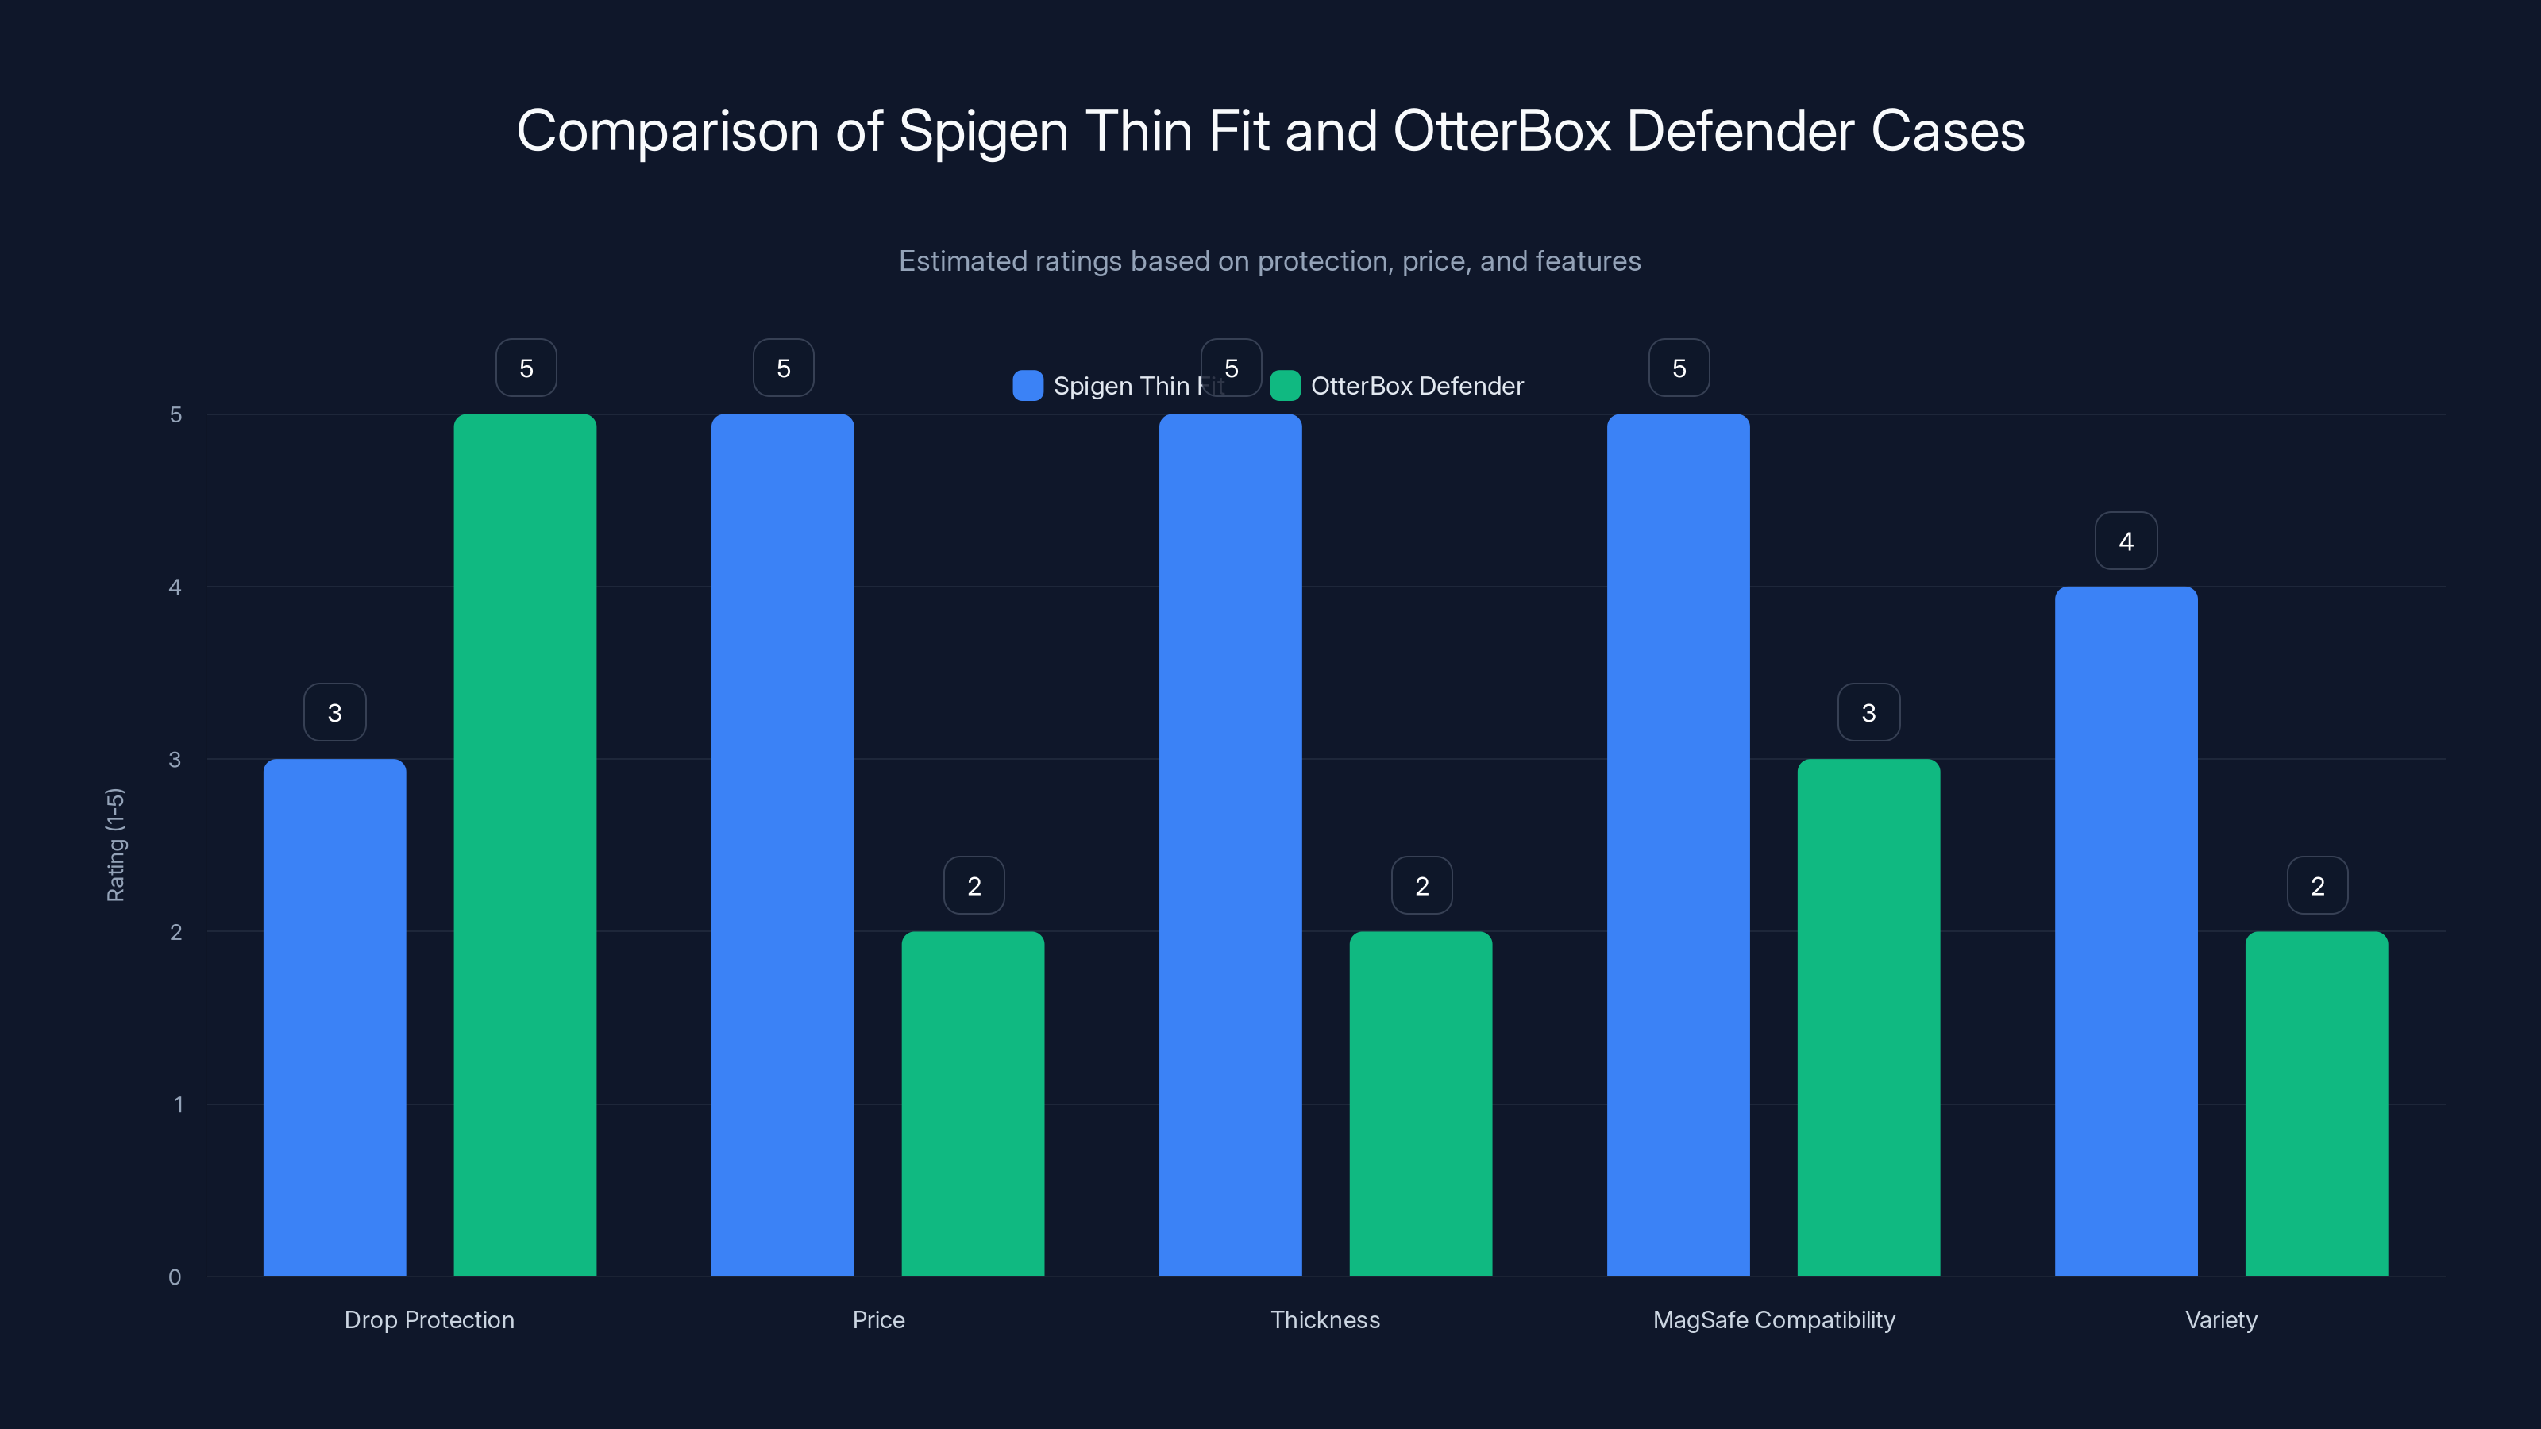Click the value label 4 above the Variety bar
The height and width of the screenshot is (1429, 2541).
[x=2126, y=541]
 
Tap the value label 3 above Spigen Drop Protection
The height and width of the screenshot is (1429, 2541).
[x=334, y=712]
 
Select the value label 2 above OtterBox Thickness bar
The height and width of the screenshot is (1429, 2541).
[x=1421, y=886]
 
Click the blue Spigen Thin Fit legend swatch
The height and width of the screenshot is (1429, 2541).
[x=1028, y=386]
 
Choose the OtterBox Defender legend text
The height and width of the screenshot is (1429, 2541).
[x=1417, y=386]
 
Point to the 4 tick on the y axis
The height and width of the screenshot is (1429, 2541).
[x=175, y=587]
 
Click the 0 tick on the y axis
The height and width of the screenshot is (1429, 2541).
[x=175, y=1277]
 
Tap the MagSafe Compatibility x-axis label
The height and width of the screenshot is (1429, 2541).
[x=1774, y=1319]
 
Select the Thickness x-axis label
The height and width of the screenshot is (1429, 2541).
[x=1324, y=1319]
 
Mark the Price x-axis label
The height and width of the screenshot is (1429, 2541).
[x=878, y=1319]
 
